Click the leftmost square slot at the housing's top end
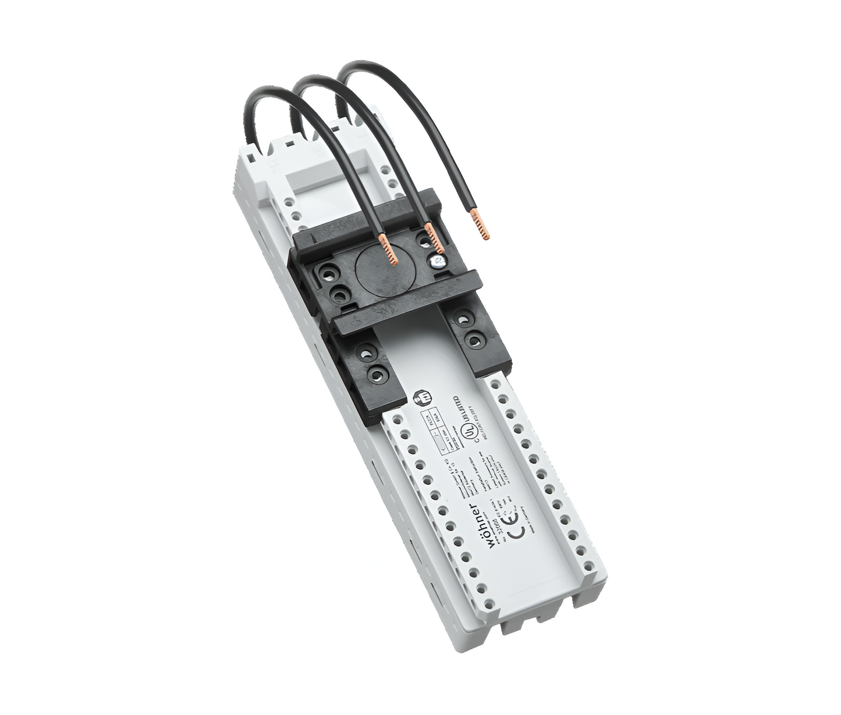[x=249, y=156]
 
